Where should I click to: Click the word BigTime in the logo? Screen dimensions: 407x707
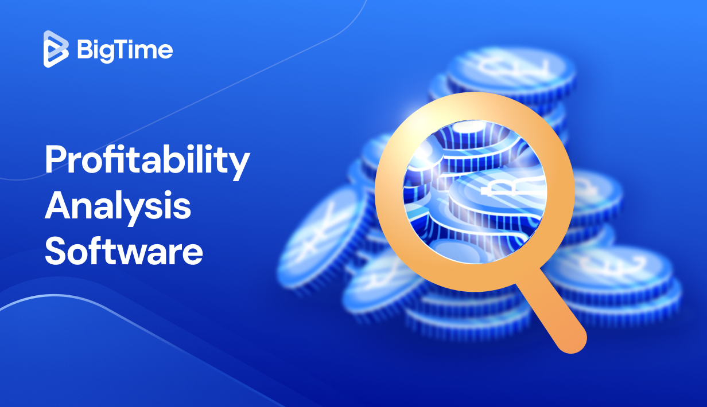pyautogui.click(x=124, y=50)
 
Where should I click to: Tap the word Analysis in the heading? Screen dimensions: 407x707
pyautogui.click(x=118, y=208)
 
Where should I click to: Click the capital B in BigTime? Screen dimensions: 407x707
pyautogui.click(x=84, y=50)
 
